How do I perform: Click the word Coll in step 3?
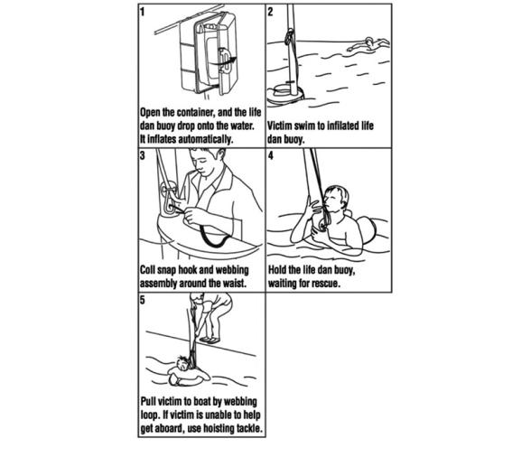pyautogui.click(x=150, y=270)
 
